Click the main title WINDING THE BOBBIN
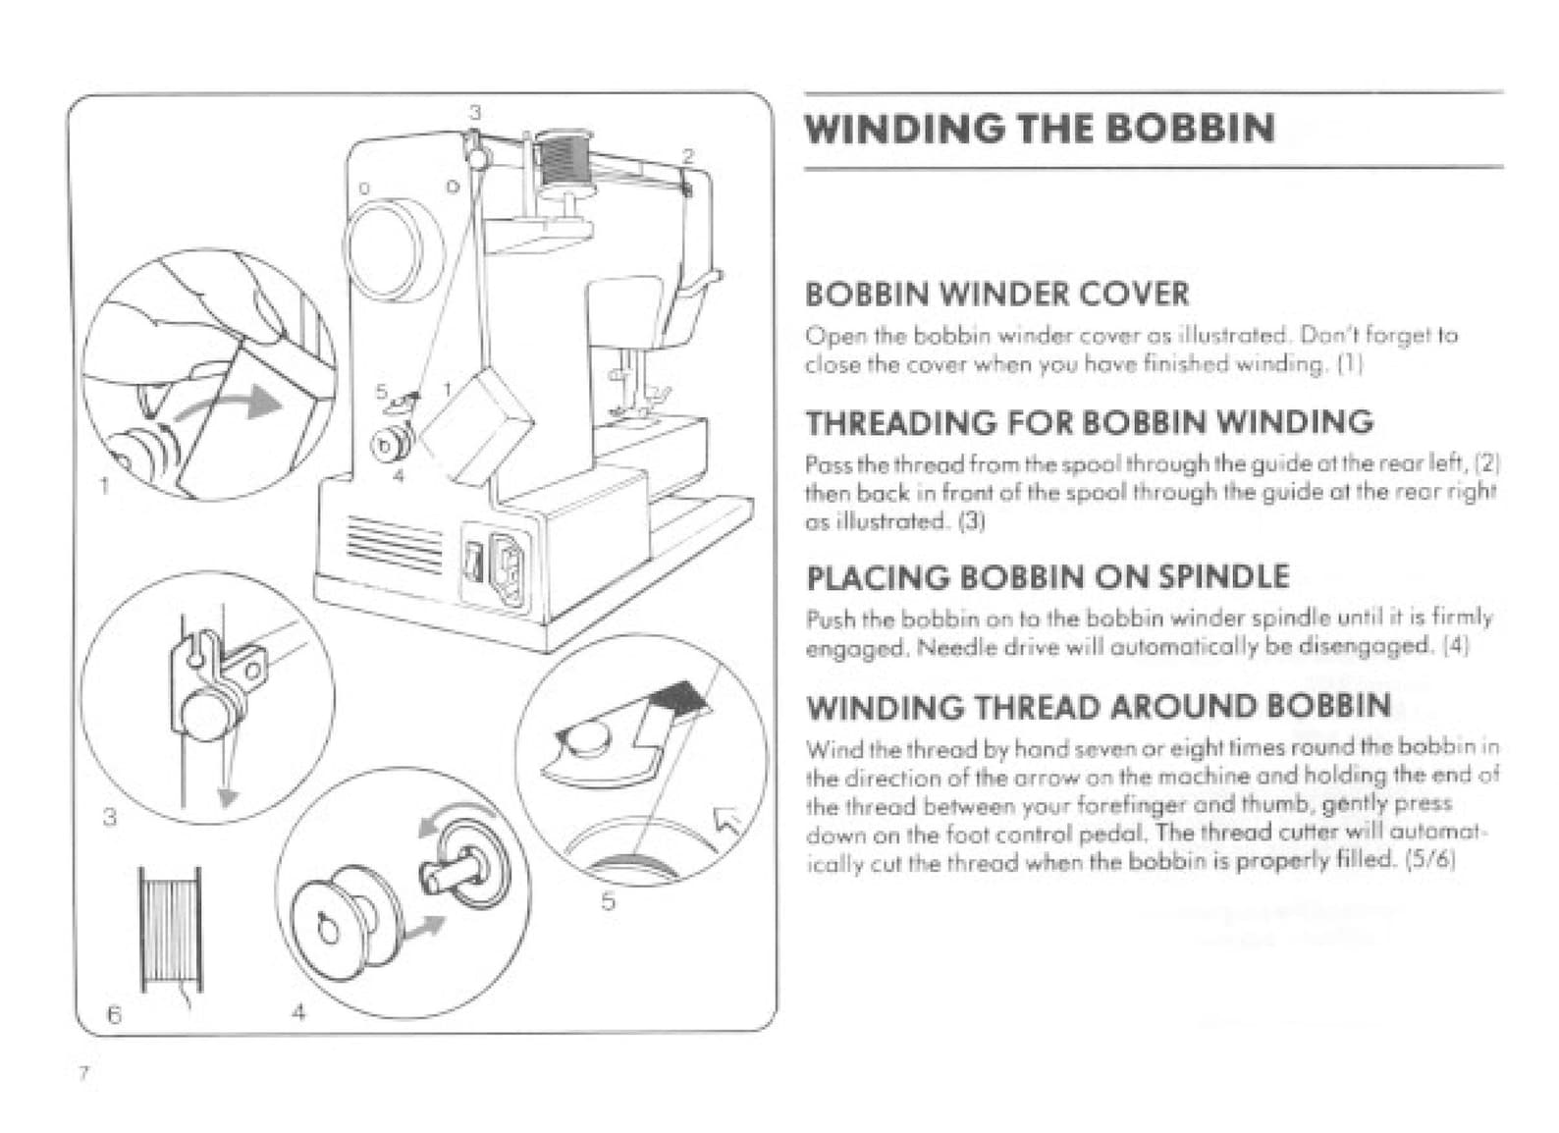click(1040, 129)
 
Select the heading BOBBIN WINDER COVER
click(996, 294)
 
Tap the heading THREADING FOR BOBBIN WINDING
click(1089, 422)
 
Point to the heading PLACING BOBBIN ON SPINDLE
click(1047, 576)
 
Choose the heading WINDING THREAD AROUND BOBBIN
click(1098, 706)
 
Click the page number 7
click(84, 1073)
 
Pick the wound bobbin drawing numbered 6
click(170, 927)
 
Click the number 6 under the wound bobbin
click(114, 1015)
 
